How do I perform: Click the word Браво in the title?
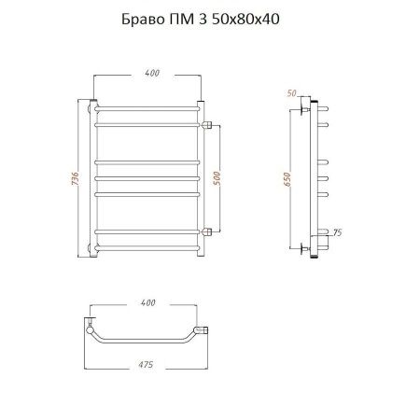143,20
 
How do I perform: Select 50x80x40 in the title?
245,20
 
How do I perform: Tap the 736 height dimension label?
76,178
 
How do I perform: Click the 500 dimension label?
217,178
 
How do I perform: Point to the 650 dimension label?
287,179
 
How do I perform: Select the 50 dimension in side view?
291,93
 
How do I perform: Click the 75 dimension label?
337,232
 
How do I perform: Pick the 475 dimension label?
146,364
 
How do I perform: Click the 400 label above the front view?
152,73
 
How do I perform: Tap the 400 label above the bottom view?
147,302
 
